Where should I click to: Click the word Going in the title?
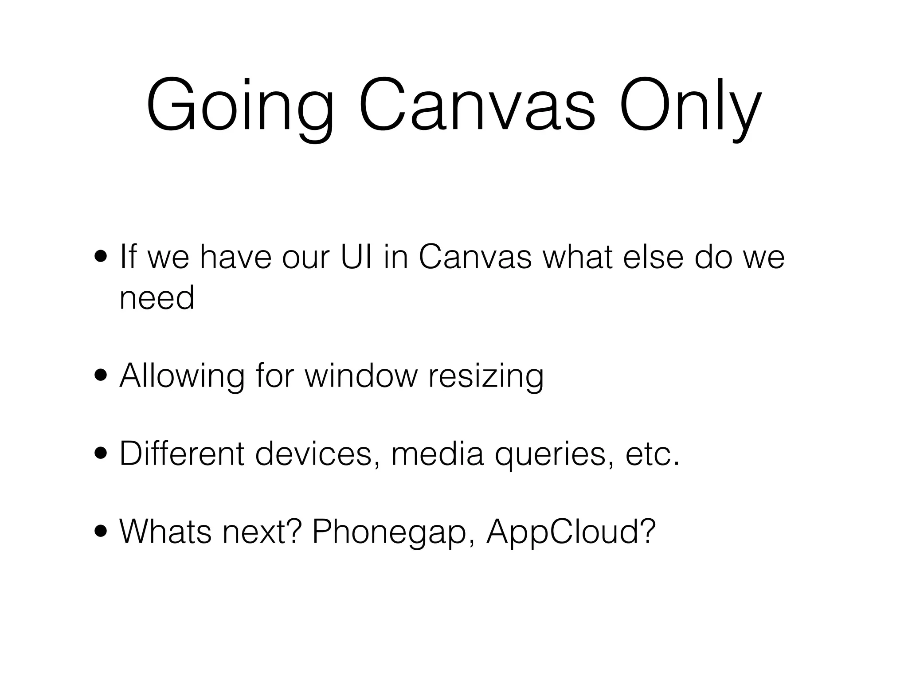pos(240,106)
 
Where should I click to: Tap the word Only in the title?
pos(690,106)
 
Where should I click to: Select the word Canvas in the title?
pos(477,106)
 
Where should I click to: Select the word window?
pos(361,376)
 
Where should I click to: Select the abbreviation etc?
pos(652,454)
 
